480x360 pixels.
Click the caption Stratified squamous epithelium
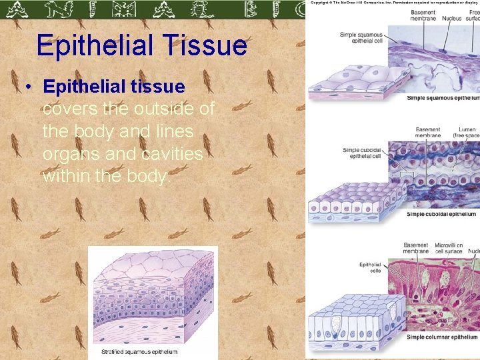[x=139, y=351]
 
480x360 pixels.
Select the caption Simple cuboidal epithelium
[x=441, y=214]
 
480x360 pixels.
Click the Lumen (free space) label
[x=466, y=133]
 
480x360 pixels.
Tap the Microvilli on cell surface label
[x=453, y=249]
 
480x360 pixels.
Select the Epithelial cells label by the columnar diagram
[x=370, y=267]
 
